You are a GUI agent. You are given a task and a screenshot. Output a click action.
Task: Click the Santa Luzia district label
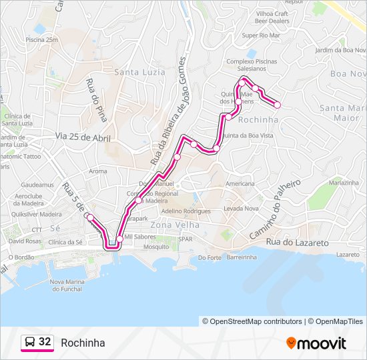[139, 72]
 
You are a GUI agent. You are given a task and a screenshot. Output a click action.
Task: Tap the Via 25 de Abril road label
[83, 137]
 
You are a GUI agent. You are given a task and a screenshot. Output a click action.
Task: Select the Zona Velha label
[171, 225]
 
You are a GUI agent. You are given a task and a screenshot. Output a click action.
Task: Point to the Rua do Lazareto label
[297, 243]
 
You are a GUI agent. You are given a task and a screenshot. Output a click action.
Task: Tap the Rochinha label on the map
[258, 119]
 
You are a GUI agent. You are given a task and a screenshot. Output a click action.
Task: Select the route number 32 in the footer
[45, 342]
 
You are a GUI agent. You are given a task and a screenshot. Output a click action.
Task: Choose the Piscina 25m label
[42, 40]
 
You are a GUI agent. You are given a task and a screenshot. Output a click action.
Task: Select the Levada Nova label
[241, 209]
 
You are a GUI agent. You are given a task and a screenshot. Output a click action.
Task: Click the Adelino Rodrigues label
[186, 211]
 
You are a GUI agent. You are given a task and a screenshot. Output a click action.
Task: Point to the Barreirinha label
[242, 257]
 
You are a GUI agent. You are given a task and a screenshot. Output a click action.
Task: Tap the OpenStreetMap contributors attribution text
[252, 321]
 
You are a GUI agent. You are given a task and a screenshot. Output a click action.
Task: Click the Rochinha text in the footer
[83, 343]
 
